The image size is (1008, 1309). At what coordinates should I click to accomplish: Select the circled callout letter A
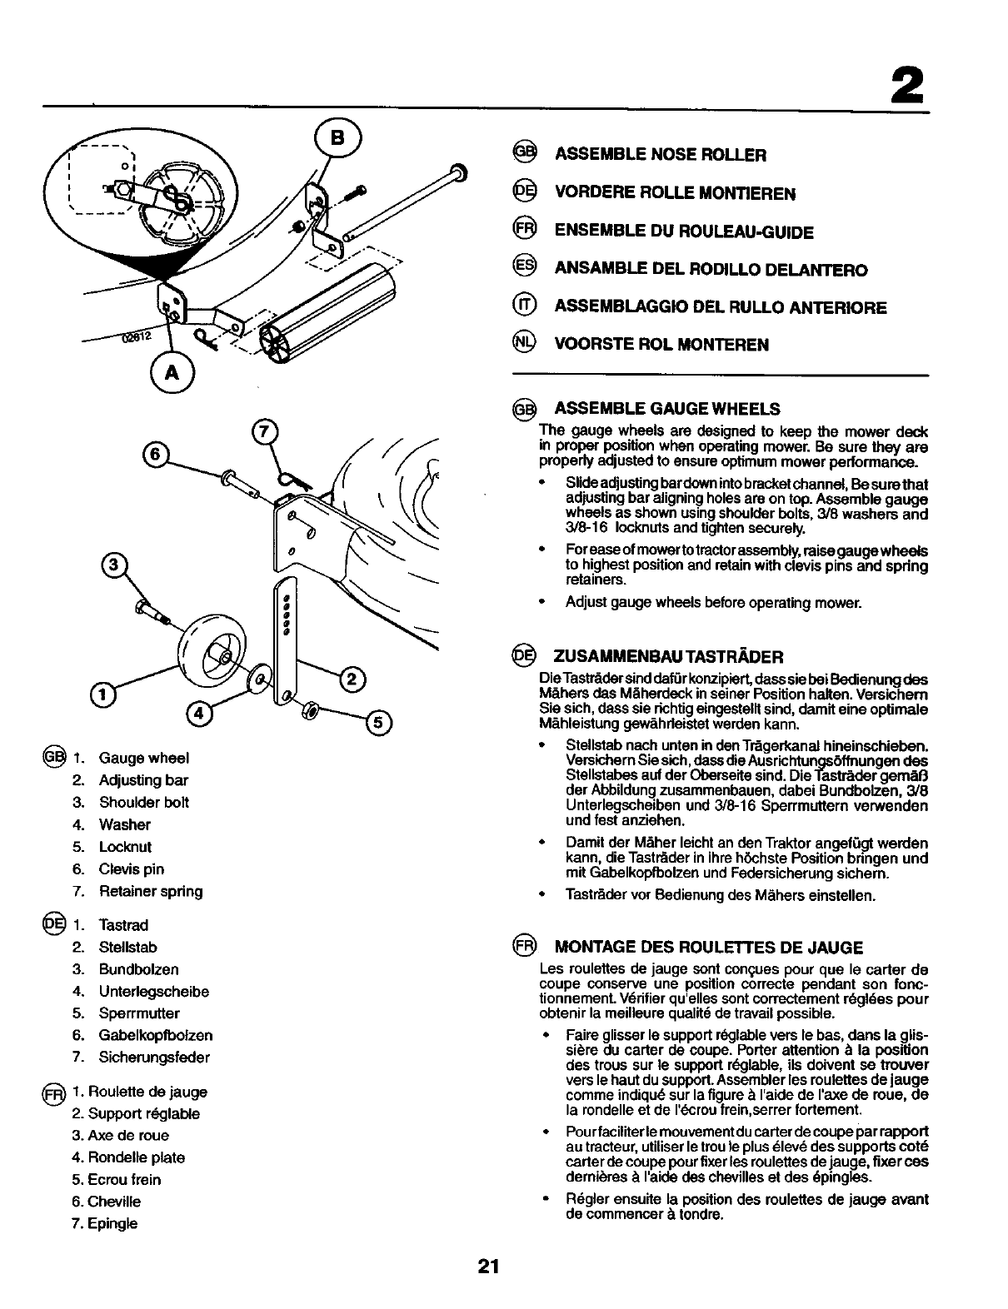(x=172, y=374)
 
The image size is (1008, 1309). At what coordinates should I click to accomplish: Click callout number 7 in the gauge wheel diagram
(x=263, y=432)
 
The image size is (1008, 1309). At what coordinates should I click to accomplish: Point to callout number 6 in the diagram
(x=155, y=455)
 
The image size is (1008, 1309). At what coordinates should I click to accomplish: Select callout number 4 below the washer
(x=198, y=714)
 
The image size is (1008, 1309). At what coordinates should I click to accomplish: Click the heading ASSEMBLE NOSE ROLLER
(x=660, y=155)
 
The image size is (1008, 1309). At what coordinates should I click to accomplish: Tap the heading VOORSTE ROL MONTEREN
(x=661, y=345)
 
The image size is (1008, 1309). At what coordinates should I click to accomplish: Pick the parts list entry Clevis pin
(x=131, y=869)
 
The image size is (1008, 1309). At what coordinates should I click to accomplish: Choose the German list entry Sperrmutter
(x=139, y=1013)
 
